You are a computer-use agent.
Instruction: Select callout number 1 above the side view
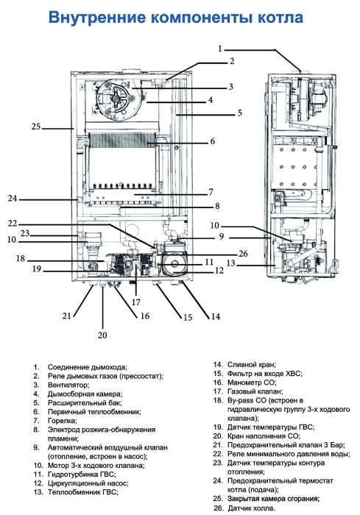tap(219, 48)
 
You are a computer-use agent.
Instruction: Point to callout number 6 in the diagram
tap(213, 141)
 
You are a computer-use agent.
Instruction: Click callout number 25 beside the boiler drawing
tap(36, 127)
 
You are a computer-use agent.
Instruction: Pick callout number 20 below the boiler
tap(102, 335)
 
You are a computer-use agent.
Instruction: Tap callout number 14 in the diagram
tap(216, 316)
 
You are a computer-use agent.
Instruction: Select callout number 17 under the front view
tap(135, 301)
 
